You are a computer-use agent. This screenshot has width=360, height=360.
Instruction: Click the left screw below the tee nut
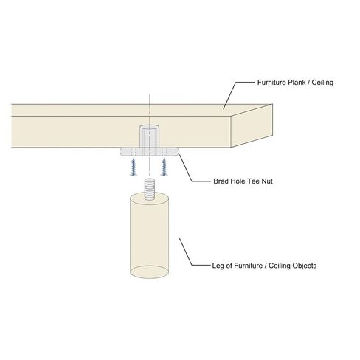point(134,167)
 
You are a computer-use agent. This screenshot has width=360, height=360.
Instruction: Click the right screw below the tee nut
point(164,167)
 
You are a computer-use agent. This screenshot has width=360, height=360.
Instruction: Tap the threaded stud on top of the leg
point(149,189)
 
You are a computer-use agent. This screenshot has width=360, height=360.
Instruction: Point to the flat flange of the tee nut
point(149,152)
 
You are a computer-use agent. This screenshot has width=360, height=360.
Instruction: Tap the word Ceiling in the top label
point(322,83)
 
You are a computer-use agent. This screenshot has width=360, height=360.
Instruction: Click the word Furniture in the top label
point(271,83)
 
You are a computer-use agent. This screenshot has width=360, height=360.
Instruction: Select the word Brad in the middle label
point(221,181)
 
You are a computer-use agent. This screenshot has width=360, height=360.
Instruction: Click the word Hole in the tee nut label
point(235,181)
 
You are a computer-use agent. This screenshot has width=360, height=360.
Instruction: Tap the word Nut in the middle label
point(267,181)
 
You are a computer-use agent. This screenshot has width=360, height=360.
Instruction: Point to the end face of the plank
point(252,125)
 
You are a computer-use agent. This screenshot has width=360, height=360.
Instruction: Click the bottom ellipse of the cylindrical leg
point(149,271)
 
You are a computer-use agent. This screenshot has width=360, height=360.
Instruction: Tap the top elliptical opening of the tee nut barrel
point(149,128)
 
